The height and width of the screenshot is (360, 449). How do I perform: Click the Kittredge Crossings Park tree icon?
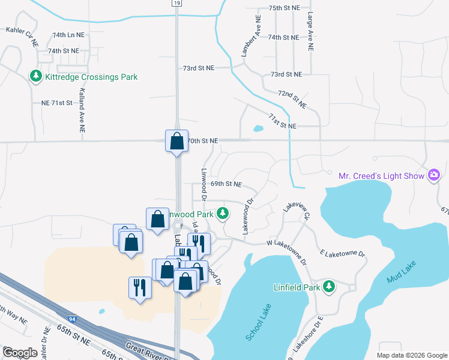(36, 76)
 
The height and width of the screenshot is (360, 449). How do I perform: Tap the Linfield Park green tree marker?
(328, 286)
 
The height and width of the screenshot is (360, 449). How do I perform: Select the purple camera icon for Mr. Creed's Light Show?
(433, 175)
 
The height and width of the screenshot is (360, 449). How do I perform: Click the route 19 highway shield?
(175, 3)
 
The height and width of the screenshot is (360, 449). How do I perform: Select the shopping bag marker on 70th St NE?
(176, 142)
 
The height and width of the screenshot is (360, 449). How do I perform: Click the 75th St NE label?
(283, 8)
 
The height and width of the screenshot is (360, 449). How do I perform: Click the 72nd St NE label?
(292, 100)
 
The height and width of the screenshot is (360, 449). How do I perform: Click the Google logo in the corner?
(20, 352)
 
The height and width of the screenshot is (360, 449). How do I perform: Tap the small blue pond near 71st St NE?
(258, 128)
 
